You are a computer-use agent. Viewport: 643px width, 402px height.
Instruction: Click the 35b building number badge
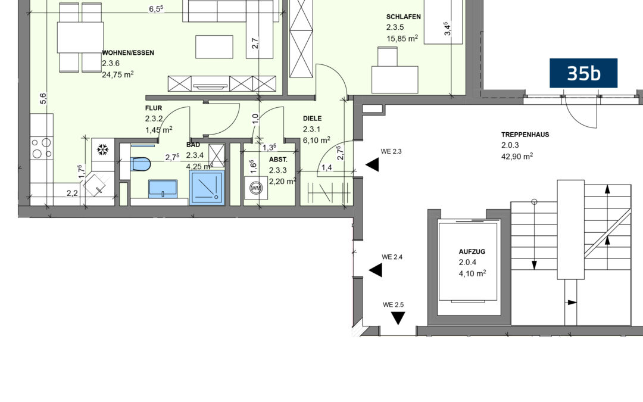coord(583,73)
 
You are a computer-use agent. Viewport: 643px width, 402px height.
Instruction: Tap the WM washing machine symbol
coord(256,188)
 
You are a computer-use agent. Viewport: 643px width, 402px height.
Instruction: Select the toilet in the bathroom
coord(141,164)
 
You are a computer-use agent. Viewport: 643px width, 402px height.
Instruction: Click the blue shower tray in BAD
coord(207,188)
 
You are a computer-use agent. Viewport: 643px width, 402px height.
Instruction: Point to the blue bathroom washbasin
coord(163,189)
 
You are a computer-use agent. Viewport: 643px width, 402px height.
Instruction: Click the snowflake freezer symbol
coord(102,149)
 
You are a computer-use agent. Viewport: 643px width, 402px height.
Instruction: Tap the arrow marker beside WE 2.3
coord(372,166)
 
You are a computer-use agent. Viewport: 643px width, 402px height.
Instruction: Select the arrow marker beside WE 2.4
coord(375,270)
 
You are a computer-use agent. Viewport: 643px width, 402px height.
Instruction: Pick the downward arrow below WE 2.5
coord(398,318)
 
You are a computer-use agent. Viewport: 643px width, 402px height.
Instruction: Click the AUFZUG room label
coord(472,251)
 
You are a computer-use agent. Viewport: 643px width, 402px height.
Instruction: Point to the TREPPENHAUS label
coord(525,135)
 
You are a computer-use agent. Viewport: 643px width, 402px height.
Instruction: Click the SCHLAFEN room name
coord(404,17)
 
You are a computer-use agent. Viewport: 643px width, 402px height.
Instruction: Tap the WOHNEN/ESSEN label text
coord(128,53)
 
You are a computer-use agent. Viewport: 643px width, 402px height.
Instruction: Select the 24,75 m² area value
coord(118,74)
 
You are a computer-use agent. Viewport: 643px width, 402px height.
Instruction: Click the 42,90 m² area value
coord(517,156)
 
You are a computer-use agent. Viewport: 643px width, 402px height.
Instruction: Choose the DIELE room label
coord(313,119)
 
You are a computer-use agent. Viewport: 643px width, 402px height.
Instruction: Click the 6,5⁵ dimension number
coord(156,8)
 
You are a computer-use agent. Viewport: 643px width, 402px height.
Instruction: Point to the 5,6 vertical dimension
coord(43,98)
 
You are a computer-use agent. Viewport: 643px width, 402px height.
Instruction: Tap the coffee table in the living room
coord(214,47)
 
